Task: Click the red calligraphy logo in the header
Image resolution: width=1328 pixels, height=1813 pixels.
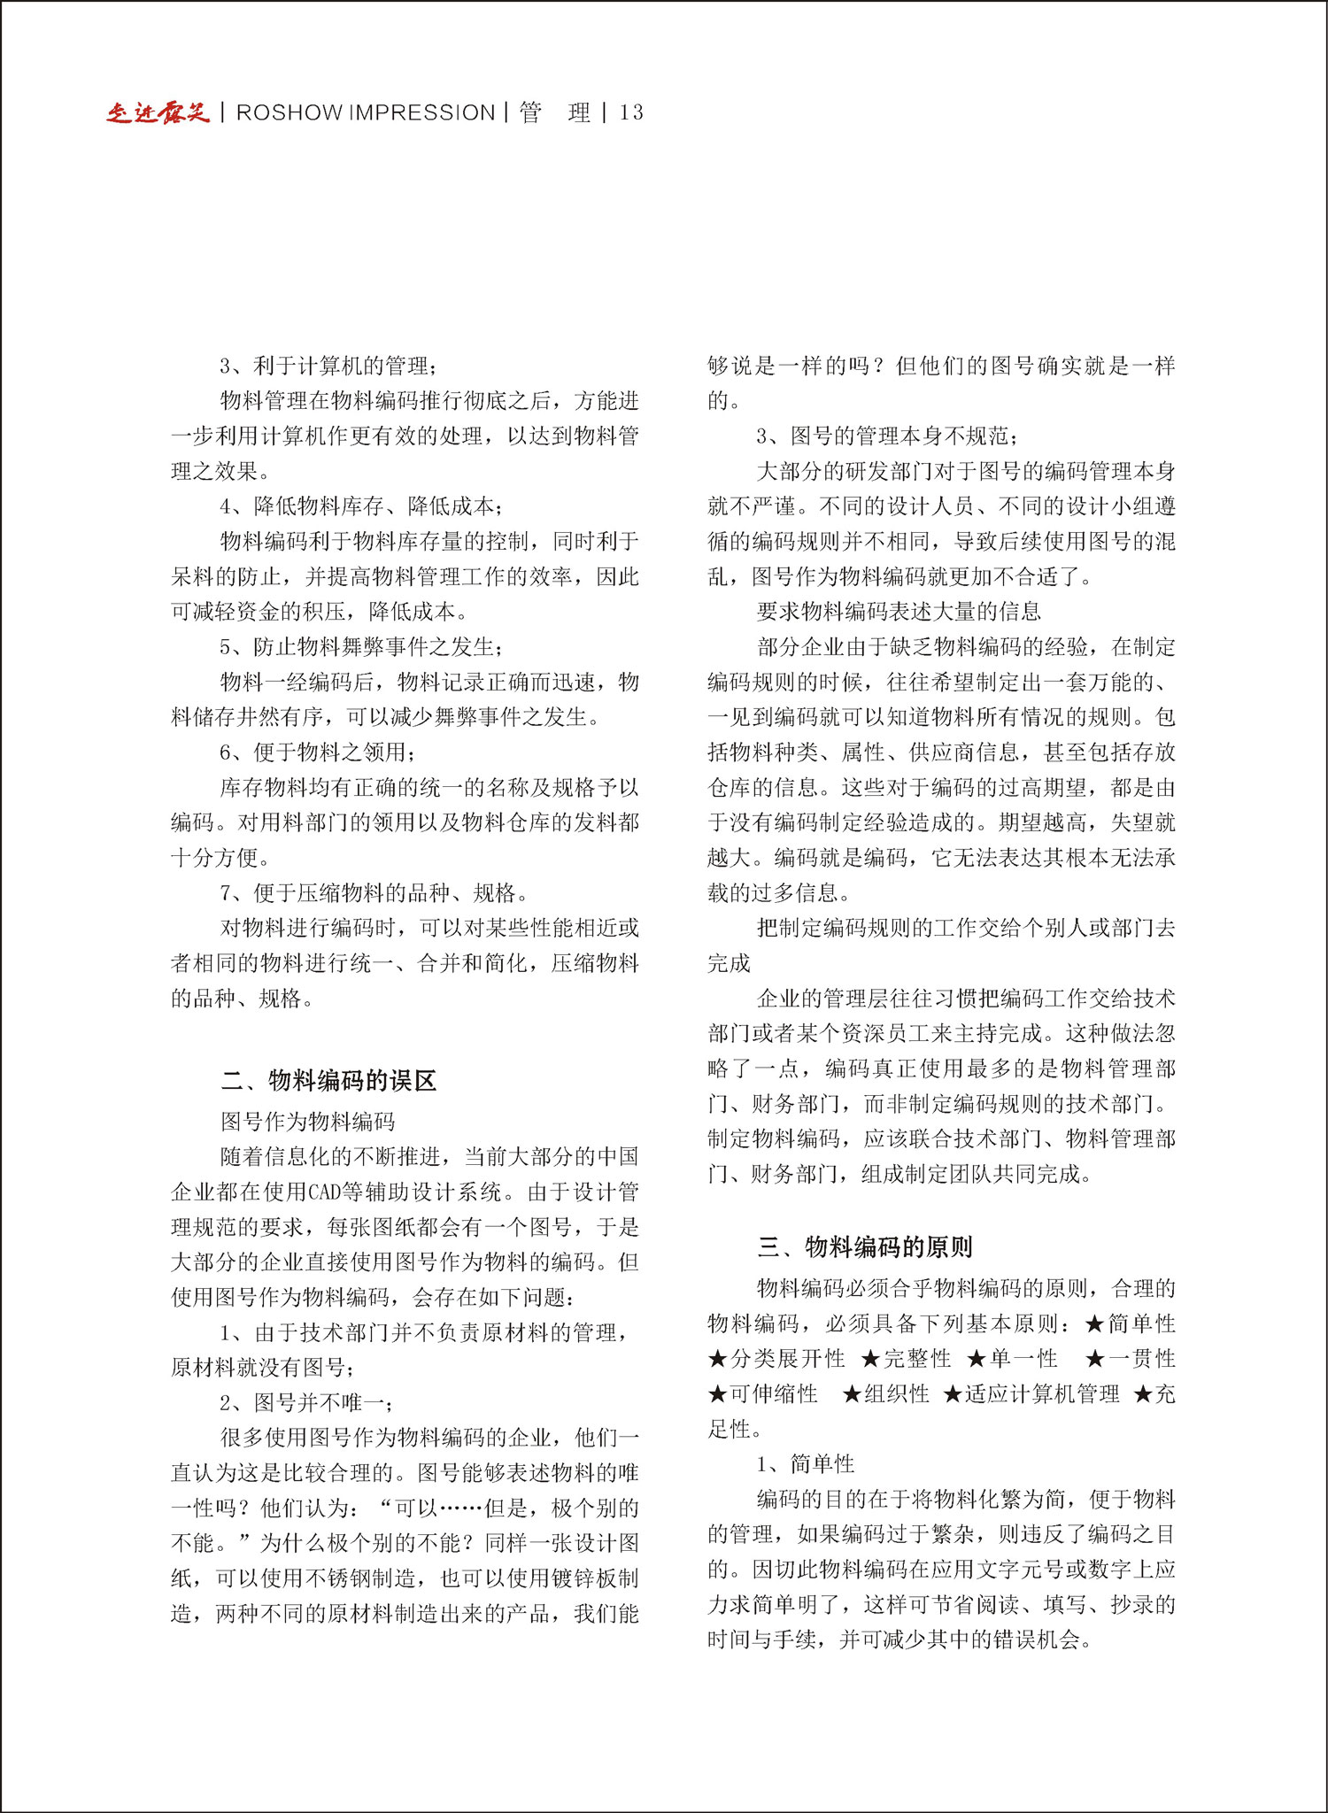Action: click(x=158, y=112)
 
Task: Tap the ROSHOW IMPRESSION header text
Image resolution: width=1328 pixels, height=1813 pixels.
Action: click(x=366, y=112)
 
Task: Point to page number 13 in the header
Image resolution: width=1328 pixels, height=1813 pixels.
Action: click(x=631, y=112)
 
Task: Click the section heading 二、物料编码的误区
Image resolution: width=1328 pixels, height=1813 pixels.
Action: click(x=328, y=1080)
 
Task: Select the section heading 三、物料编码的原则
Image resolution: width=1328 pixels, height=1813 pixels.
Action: click(x=865, y=1246)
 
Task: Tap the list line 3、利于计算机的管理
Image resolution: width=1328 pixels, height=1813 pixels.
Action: click(x=328, y=366)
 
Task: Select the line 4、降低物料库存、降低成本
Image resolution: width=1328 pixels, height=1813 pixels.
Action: click(x=361, y=506)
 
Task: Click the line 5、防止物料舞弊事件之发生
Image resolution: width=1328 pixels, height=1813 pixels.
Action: click(x=361, y=647)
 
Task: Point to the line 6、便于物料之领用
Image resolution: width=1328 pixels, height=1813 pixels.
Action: click(x=317, y=752)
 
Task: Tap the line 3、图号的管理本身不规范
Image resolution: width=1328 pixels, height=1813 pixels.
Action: click(x=887, y=436)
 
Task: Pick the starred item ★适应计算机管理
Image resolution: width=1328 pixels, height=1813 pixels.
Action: click(x=1031, y=1394)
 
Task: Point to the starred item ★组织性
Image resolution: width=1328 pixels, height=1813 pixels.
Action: click(x=886, y=1394)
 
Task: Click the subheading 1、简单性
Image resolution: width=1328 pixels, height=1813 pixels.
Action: click(x=806, y=1464)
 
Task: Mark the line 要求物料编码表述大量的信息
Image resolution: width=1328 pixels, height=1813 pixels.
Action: click(x=899, y=612)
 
